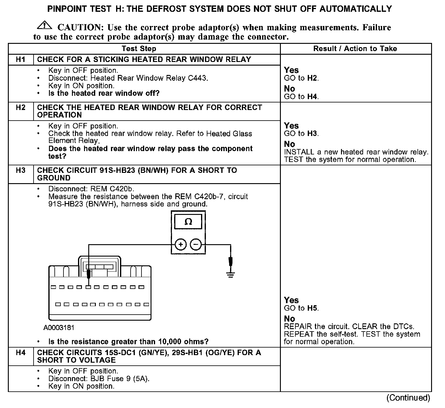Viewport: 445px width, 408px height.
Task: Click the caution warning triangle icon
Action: [44, 25]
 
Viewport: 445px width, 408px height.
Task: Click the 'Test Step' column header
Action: [139, 49]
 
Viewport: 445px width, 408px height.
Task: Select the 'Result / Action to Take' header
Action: [355, 49]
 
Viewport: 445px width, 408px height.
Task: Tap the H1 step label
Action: [21, 59]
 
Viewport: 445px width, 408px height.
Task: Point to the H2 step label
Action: [21, 108]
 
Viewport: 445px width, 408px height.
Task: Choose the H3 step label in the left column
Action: [21, 170]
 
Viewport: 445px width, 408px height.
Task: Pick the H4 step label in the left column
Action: [21, 353]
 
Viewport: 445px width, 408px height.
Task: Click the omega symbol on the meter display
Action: [188, 222]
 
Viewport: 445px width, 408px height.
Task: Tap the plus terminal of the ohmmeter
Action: [180, 244]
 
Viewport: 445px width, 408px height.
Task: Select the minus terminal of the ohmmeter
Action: [196, 244]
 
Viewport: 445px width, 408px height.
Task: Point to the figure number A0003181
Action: [59, 328]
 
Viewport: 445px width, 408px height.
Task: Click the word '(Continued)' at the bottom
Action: [408, 398]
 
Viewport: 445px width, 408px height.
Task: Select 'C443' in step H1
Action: [197, 78]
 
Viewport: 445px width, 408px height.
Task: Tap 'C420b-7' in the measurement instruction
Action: [209, 197]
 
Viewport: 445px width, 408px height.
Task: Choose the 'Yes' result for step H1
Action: [291, 70]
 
